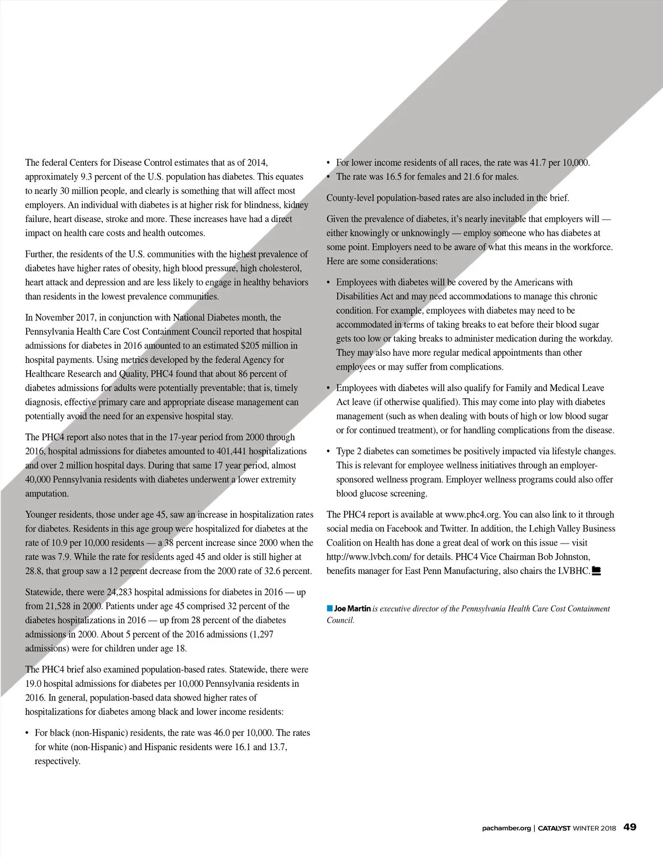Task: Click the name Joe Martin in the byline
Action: (352, 608)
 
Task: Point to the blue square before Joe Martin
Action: (330, 608)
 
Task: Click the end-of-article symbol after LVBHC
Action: (596, 571)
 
